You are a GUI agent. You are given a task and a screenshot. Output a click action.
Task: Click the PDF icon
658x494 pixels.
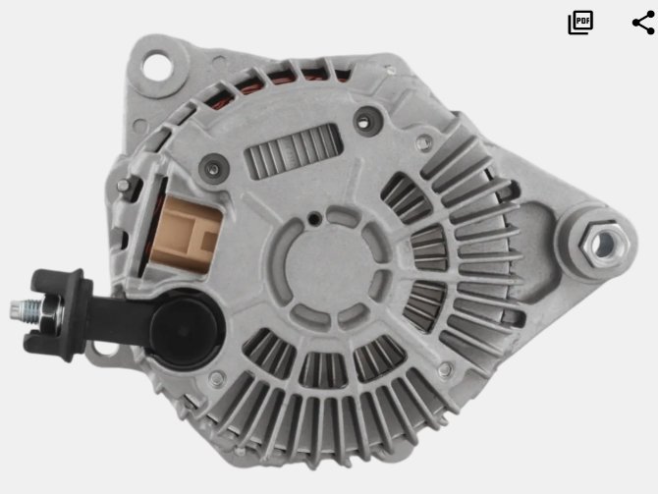[580, 23]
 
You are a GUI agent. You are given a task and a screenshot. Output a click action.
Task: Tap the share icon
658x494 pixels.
[643, 23]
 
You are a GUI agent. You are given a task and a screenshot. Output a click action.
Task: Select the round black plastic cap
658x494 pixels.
[185, 329]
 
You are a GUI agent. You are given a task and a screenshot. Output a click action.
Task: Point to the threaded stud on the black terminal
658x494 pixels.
[25, 310]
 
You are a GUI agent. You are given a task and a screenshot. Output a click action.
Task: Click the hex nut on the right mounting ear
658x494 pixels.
[604, 245]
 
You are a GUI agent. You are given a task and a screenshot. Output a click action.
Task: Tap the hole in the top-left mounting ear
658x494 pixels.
[157, 66]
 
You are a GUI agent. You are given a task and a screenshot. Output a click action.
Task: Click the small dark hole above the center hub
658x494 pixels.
[314, 218]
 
